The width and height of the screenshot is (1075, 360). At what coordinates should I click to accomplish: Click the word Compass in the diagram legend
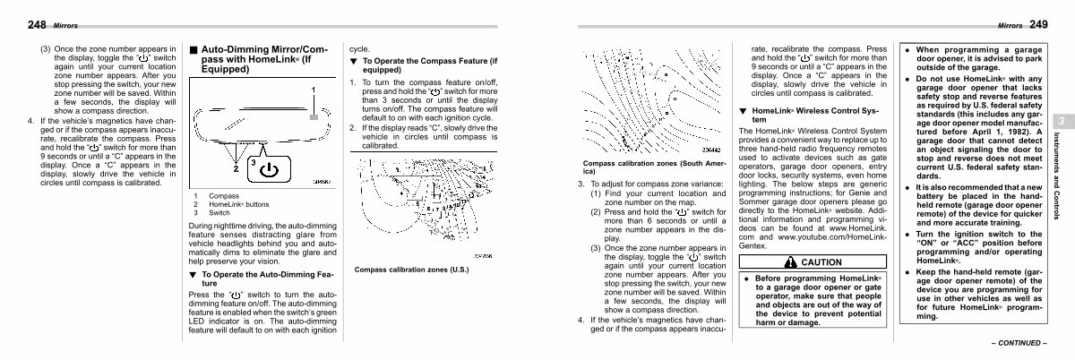click(x=221, y=195)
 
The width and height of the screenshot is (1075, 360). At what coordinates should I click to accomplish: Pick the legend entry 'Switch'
click(x=219, y=213)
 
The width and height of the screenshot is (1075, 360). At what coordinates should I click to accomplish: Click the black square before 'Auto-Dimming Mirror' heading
click(x=194, y=48)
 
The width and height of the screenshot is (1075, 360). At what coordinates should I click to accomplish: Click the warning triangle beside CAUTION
click(x=789, y=262)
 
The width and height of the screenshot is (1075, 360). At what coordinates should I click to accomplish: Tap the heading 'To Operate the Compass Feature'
click(x=429, y=64)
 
